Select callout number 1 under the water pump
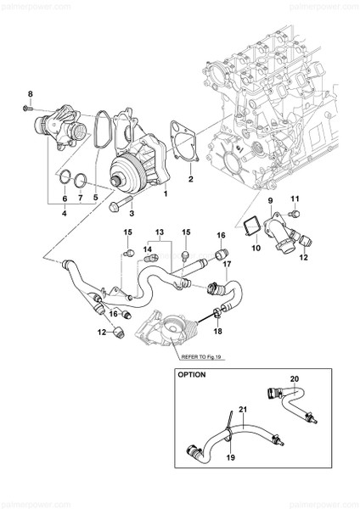click(165, 193)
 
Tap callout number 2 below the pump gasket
click(191, 181)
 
